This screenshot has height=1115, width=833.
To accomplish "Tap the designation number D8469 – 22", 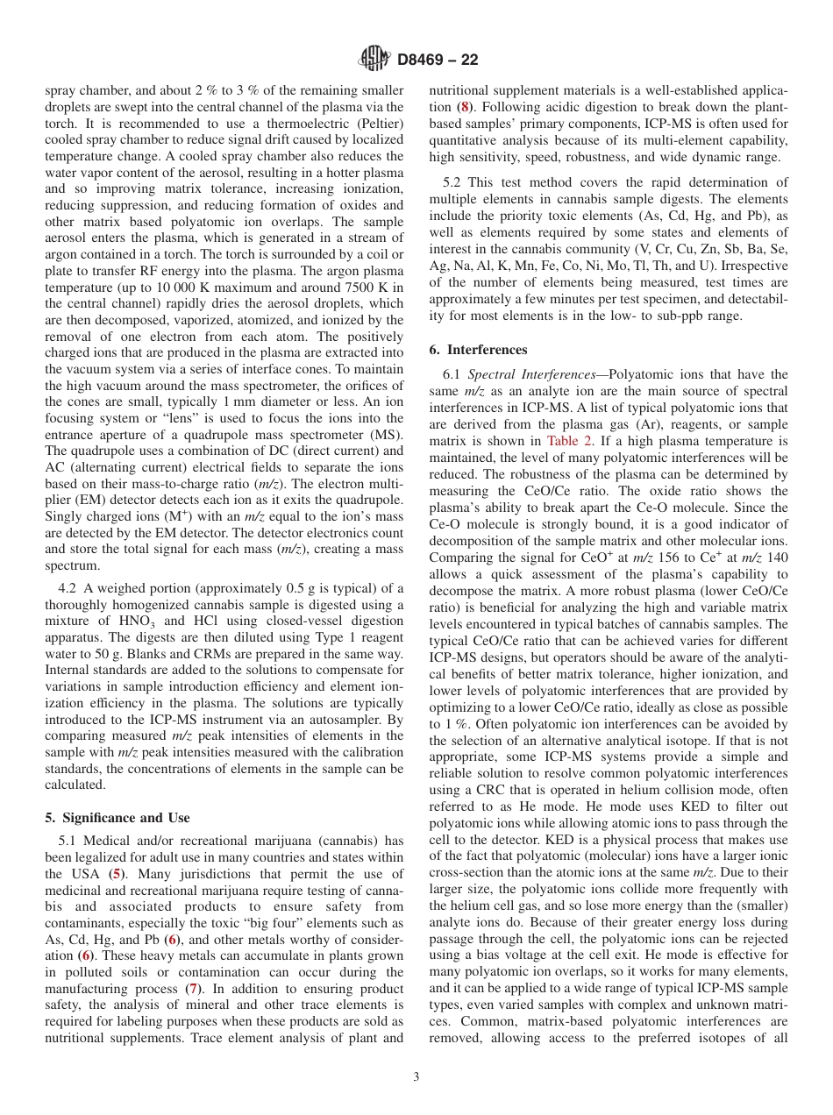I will click(438, 60).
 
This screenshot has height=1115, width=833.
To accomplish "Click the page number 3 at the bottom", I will click(416, 1077).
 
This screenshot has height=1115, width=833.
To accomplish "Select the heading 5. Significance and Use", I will click(117, 818).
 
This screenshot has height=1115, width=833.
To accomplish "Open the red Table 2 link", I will click(572, 441).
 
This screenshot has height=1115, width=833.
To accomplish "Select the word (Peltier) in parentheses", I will click(374, 124).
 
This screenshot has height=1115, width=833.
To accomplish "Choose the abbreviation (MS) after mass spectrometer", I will click(386, 436).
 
